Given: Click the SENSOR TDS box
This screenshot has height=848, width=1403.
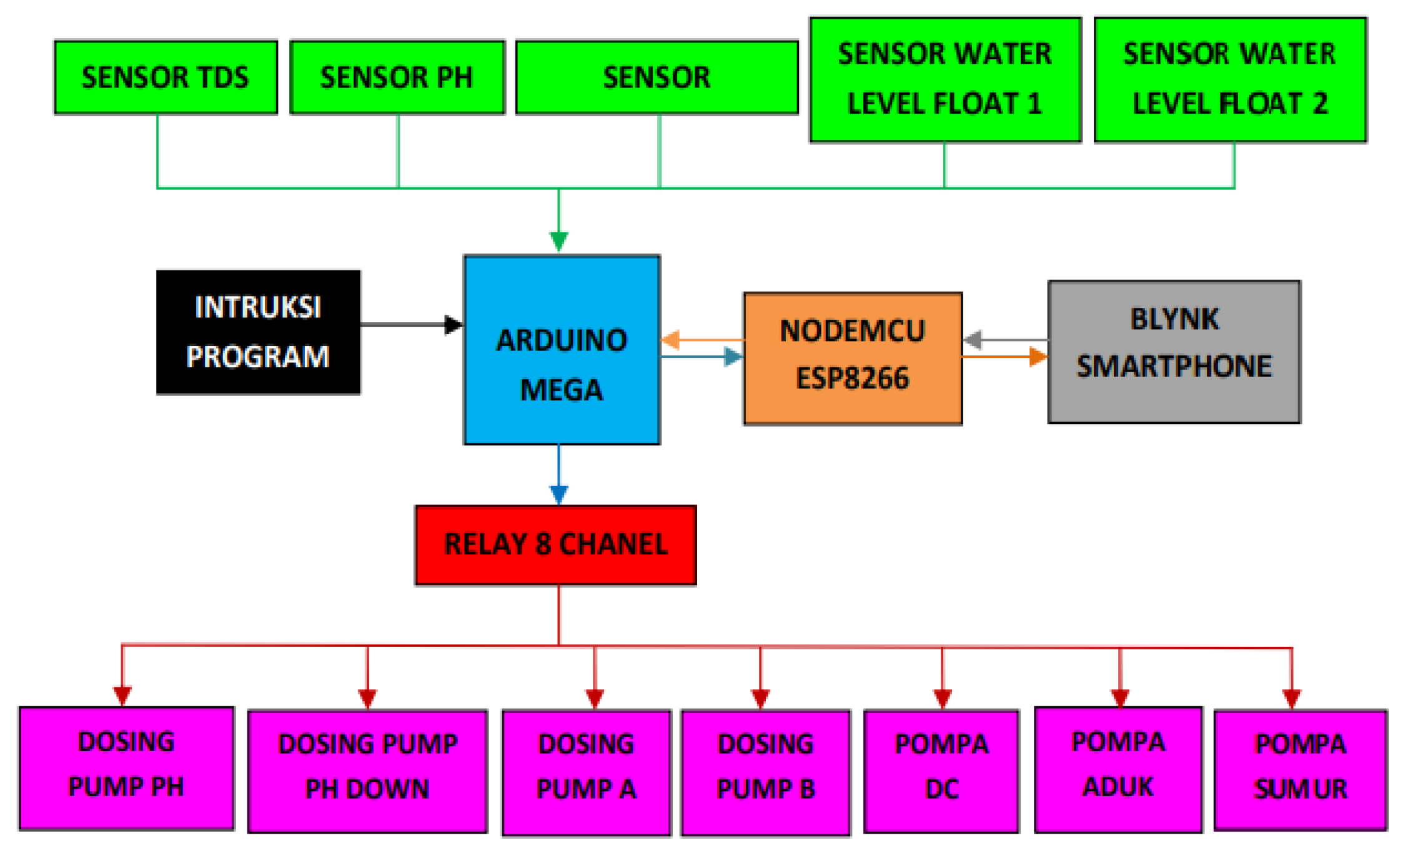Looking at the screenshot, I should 166,77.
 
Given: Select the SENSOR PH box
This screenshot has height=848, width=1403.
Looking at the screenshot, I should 397,77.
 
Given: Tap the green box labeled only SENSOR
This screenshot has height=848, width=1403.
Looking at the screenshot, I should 657,77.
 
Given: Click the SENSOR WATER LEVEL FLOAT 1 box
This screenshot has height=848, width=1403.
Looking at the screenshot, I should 945,80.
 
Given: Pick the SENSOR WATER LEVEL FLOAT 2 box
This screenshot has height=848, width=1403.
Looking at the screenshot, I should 1230,80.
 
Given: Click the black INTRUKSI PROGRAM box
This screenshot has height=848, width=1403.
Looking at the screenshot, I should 258,332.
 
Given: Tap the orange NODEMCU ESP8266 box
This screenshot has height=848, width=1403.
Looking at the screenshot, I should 852,358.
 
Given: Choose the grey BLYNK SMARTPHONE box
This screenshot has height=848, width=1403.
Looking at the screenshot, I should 1174,352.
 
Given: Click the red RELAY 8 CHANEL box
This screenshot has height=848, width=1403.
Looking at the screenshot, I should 555,545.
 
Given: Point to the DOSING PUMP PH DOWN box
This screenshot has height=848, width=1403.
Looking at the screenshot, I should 367,771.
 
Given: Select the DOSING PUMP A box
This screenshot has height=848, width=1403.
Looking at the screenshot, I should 586,772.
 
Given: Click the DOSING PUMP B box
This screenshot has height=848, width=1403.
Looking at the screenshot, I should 765,772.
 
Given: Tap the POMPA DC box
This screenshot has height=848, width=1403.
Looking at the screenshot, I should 941,771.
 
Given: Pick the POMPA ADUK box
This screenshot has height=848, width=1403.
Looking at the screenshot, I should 1118,769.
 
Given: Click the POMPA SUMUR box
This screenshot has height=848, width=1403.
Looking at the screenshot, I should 1300,769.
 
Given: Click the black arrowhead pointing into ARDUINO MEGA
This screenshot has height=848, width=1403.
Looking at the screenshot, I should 453,325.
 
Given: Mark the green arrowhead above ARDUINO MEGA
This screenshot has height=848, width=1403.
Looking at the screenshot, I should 558,241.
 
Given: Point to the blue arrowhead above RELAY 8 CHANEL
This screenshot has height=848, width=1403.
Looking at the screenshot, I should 558,494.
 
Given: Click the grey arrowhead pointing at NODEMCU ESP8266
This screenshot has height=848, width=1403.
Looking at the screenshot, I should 973,340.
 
